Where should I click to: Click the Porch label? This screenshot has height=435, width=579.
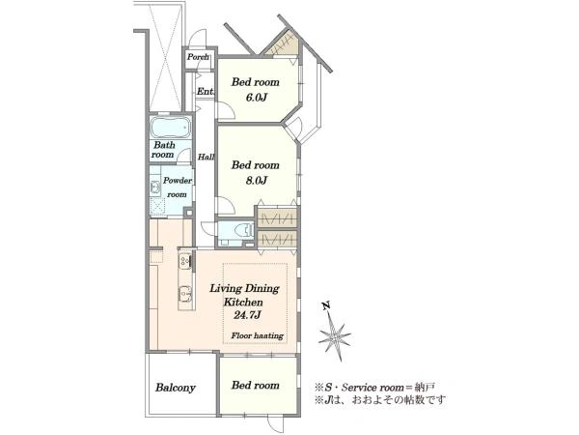pos(198,57)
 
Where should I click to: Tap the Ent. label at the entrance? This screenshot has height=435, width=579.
pos(206,91)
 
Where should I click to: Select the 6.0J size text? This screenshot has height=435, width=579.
pos(256,98)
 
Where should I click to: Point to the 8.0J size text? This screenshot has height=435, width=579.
pos(256,180)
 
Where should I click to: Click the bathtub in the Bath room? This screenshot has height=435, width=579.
pos(171,128)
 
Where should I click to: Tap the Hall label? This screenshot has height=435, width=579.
pos(207,157)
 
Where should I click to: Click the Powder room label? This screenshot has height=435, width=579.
pos(178,188)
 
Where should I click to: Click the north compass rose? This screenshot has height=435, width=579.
pos(335,336)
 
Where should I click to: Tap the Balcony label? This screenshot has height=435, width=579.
pos(176,388)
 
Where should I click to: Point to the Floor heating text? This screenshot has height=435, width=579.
pos(258,335)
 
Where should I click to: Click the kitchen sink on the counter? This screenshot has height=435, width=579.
pos(185,295)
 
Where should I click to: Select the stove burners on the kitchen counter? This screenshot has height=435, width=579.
pos(185,261)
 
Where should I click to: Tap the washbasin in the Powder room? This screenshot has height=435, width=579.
pos(155,188)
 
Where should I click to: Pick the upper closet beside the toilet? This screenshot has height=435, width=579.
pos(277,217)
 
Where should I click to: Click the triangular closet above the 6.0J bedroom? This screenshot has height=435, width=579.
pos(285,44)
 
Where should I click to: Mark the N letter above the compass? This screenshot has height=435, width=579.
pos(326,305)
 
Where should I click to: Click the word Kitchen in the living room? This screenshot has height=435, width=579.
pos(243,302)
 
